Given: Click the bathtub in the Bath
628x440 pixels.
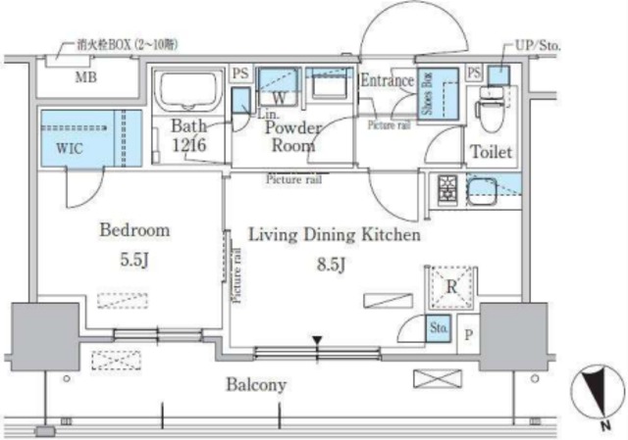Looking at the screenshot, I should click(188, 91).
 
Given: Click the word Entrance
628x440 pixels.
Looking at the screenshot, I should click(387, 81).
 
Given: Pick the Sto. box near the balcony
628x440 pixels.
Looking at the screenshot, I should click(438, 330).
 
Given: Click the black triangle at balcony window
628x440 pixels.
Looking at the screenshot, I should click(316, 341).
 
